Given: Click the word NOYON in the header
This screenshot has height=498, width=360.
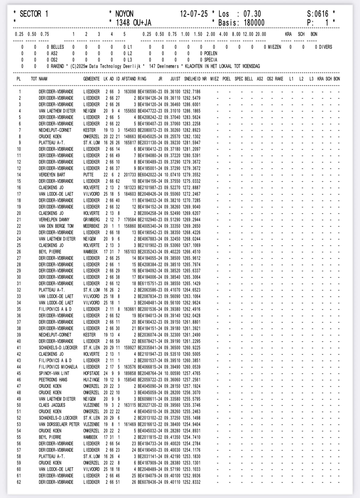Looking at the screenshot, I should [x=124, y=14].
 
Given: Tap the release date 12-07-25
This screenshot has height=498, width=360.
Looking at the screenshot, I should [x=194, y=14].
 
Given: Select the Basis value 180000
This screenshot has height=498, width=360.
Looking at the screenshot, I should [x=254, y=23].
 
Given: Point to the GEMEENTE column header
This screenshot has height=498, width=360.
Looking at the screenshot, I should [x=91, y=79].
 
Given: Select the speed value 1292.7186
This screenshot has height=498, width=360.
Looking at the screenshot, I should [x=191, y=92].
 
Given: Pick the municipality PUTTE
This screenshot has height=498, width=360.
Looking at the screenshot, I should [x=89, y=175].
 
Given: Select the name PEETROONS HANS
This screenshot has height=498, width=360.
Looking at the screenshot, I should [x=53, y=380].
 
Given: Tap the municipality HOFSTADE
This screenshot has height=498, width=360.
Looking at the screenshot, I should [x=91, y=373].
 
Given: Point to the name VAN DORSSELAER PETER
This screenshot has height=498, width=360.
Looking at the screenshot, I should [x=59, y=424].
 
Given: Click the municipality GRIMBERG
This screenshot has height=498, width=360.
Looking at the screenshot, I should [x=91, y=220].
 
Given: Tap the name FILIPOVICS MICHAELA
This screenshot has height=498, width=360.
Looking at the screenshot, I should [x=58, y=367].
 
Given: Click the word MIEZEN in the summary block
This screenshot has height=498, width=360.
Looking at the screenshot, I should [x=275, y=47].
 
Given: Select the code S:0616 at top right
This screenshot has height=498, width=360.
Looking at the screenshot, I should [x=318, y=14].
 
